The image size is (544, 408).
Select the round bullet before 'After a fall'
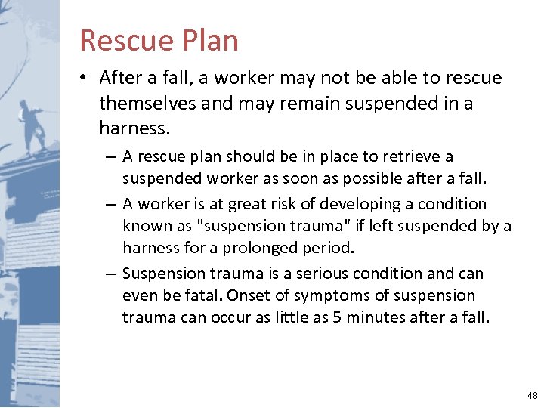86,78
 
